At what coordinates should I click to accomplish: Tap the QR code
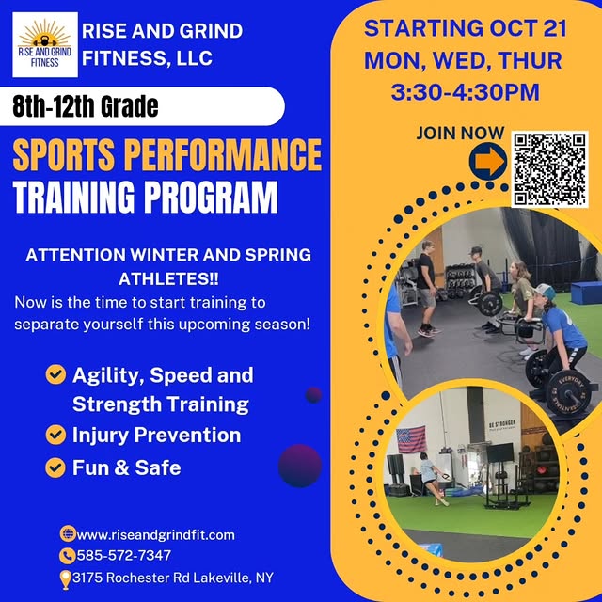click(548, 169)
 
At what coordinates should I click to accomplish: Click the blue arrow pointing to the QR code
click(487, 163)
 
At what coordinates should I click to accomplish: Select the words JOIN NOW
click(460, 134)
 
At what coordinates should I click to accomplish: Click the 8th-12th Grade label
click(86, 105)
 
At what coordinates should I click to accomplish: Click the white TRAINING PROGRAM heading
click(146, 198)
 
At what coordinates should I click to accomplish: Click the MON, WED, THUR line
click(464, 60)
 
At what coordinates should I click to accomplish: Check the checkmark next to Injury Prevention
click(55, 435)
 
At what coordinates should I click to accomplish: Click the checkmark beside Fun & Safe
click(55, 467)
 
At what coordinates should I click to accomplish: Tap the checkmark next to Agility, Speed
click(55, 375)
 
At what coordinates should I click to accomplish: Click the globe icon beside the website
click(67, 534)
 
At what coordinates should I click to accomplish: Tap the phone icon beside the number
click(67, 555)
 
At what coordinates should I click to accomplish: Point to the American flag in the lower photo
click(411, 439)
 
